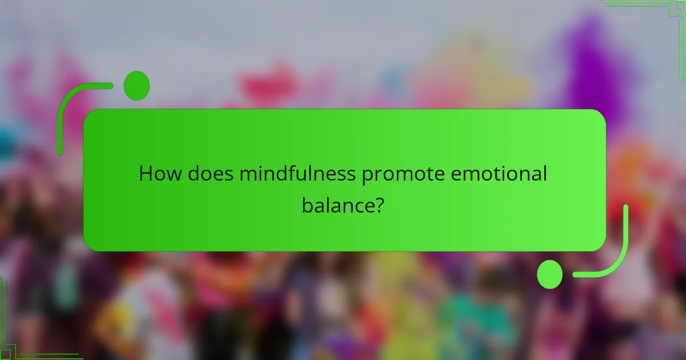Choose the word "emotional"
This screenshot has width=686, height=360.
499,173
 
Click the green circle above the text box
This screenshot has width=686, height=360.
136,86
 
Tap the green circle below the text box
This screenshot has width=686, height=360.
549,274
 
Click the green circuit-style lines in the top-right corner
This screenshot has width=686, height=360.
657,17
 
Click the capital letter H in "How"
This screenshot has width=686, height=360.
146,173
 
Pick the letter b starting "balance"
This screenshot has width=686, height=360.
308,205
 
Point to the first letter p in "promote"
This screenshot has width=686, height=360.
368,175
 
